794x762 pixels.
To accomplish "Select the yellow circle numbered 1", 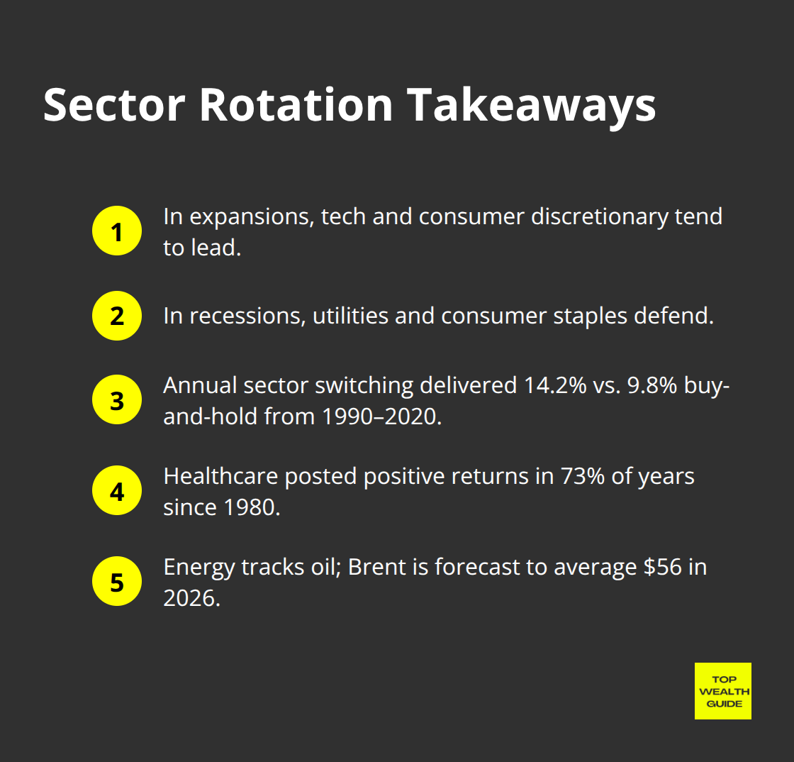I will click(x=117, y=231).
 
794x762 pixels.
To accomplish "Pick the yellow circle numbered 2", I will click(x=117, y=316).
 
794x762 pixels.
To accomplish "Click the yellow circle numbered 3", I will click(x=117, y=400).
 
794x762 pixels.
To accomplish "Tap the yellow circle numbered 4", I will click(x=117, y=491).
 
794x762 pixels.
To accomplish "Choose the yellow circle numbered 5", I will click(x=117, y=582).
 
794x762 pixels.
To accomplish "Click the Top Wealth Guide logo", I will click(x=722, y=691).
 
